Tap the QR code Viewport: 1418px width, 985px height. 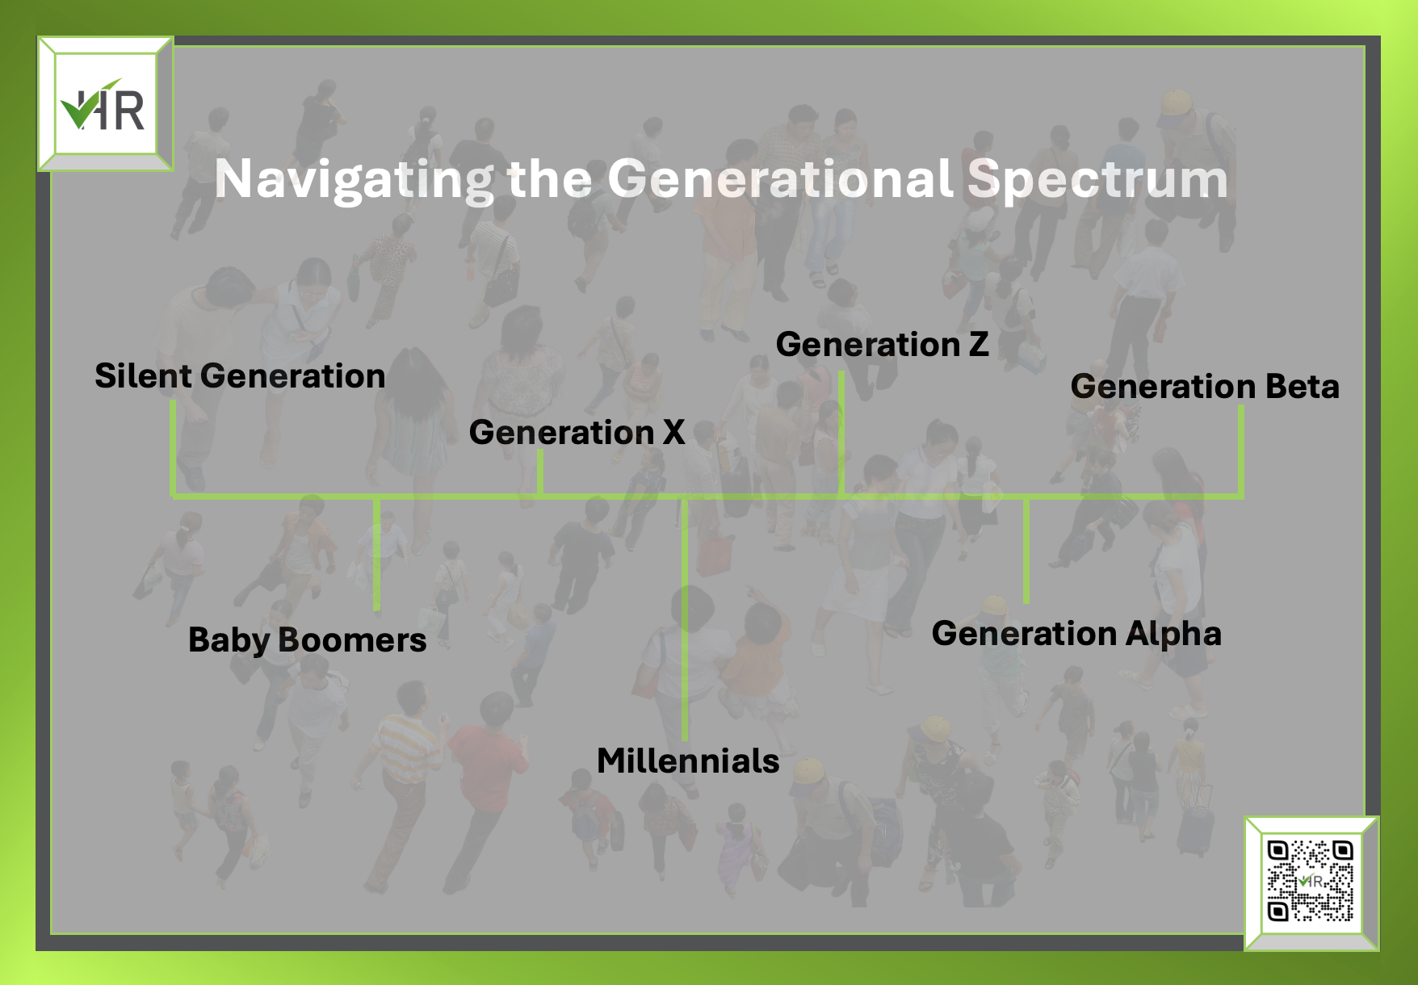(1310, 881)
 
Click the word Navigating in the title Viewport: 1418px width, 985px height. (354, 180)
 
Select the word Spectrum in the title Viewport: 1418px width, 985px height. (1097, 180)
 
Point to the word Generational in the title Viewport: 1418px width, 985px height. (780, 178)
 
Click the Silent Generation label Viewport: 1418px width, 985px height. (240, 376)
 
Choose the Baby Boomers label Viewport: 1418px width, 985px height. (307, 640)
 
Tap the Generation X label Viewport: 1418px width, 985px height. (577, 433)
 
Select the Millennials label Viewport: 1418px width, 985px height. (688, 761)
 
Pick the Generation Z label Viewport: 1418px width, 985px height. (882, 345)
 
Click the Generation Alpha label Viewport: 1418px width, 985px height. (1076, 634)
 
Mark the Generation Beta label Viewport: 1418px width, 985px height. (1205, 387)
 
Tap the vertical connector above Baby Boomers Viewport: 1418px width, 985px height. (376, 554)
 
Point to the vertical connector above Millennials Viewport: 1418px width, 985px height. (684, 618)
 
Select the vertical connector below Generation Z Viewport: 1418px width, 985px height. (841, 433)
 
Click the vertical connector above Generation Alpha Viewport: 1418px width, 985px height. (1026, 550)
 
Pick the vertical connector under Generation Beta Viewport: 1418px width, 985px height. (1241, 451)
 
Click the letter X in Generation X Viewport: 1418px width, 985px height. (673, 433)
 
